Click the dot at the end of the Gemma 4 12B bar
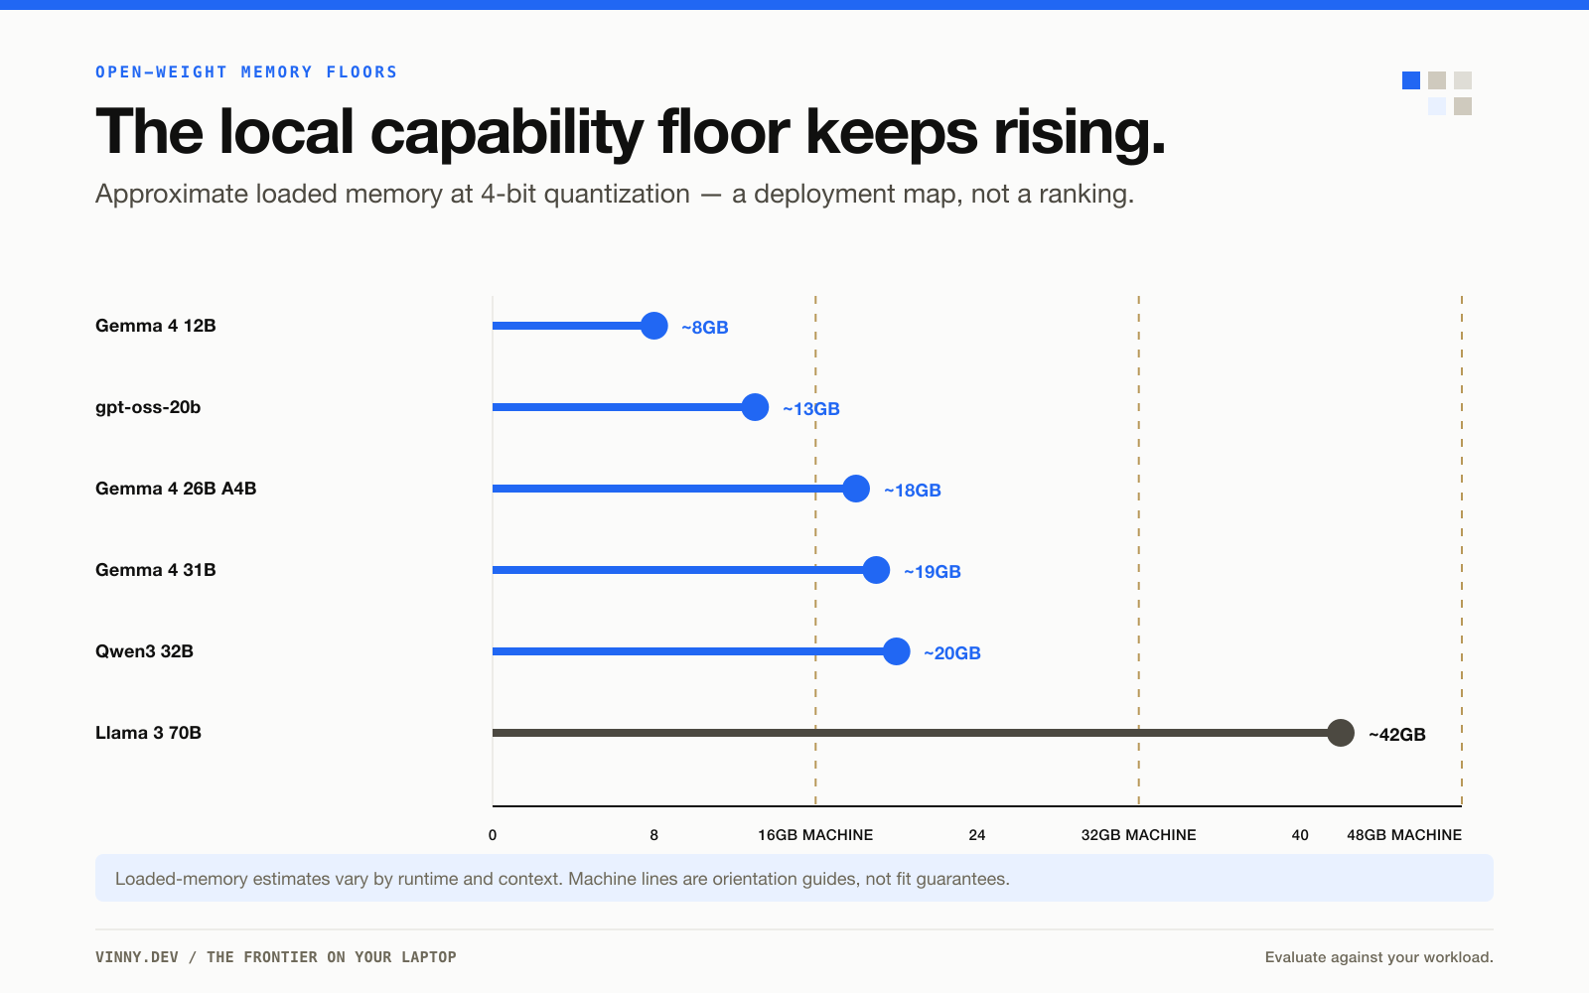click(x=654, y=326)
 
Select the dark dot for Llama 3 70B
click(x=1341, y=733)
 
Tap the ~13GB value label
click(x=810, y=408)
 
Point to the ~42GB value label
click(x=1396, y=734)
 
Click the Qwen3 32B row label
click(x=144, y=651)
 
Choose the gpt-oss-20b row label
click(x=148, y=408)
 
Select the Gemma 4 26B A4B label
click(x=176, y=489)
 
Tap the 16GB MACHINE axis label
click(x=815, y=835)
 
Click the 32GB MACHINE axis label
click(x=1138, y=835)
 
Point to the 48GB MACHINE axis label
click(x=1404, y=835)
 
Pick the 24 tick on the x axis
click(x=977, y=835)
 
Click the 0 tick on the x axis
click(x=493, y=835)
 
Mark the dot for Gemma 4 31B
click(x=876, y=570)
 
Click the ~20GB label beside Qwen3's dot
click(x=952, y=652)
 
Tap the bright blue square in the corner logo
click(x=1411, y=80)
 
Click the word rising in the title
click(x=1079, y=133)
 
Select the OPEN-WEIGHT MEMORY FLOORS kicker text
click(x=246, y=71)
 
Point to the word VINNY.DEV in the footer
click(x=137, y=957)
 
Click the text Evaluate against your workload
click(x=1379, y=957)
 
